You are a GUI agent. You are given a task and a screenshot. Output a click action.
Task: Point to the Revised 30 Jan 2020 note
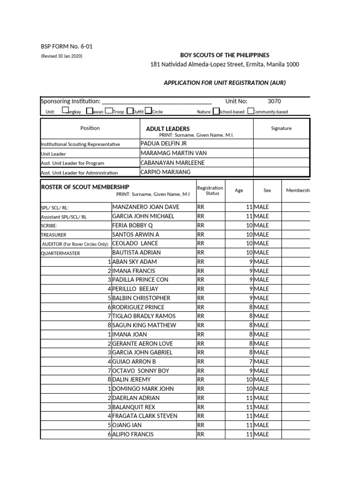click(62, 56)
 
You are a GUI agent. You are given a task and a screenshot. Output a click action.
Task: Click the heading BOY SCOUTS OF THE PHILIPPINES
click(225, 55)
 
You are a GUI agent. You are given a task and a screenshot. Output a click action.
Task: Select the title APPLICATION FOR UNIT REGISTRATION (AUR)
click(224, 82)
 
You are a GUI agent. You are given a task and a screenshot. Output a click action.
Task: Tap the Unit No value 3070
click(274, 101)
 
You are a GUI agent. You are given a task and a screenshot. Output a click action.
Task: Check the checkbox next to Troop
click(109, 112)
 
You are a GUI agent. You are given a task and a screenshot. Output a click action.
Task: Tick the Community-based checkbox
click(251, 112)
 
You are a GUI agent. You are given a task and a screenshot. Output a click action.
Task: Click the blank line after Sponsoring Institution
click(157, 102)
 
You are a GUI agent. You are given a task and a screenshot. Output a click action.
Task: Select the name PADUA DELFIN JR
click(164, 144)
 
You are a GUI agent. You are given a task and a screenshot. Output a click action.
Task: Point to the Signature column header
click(281, 128)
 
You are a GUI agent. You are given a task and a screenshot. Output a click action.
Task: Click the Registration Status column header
click(210, 190)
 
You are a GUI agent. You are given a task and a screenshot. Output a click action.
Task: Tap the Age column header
click(239, 191)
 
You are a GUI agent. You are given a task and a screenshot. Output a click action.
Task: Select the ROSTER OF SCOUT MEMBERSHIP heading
click(85, 187)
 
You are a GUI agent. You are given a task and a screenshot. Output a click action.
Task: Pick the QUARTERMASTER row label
click(60, 253)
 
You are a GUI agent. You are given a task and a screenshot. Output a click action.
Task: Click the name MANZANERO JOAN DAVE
click(146, 207)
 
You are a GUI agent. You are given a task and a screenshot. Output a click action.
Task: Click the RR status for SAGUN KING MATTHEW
click(201, 325)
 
